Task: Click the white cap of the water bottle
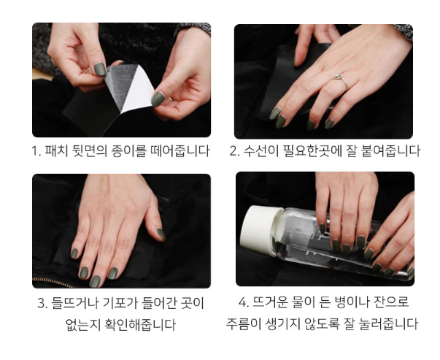pyautogui.click(x=260, y=229)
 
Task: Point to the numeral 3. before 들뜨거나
pyautogui.click(x=42, y=303)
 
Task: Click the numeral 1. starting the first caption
pyautogui.click(x=36, y=151)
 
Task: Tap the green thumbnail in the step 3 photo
pyautogui.click(x=161, y=234)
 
